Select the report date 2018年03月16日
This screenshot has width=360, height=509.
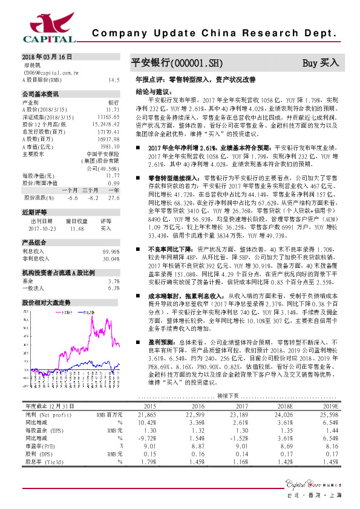[x=47, y=56]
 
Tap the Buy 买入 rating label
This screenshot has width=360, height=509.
[x=321, y=63]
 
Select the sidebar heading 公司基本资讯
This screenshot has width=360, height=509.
[x=40, y=94]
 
